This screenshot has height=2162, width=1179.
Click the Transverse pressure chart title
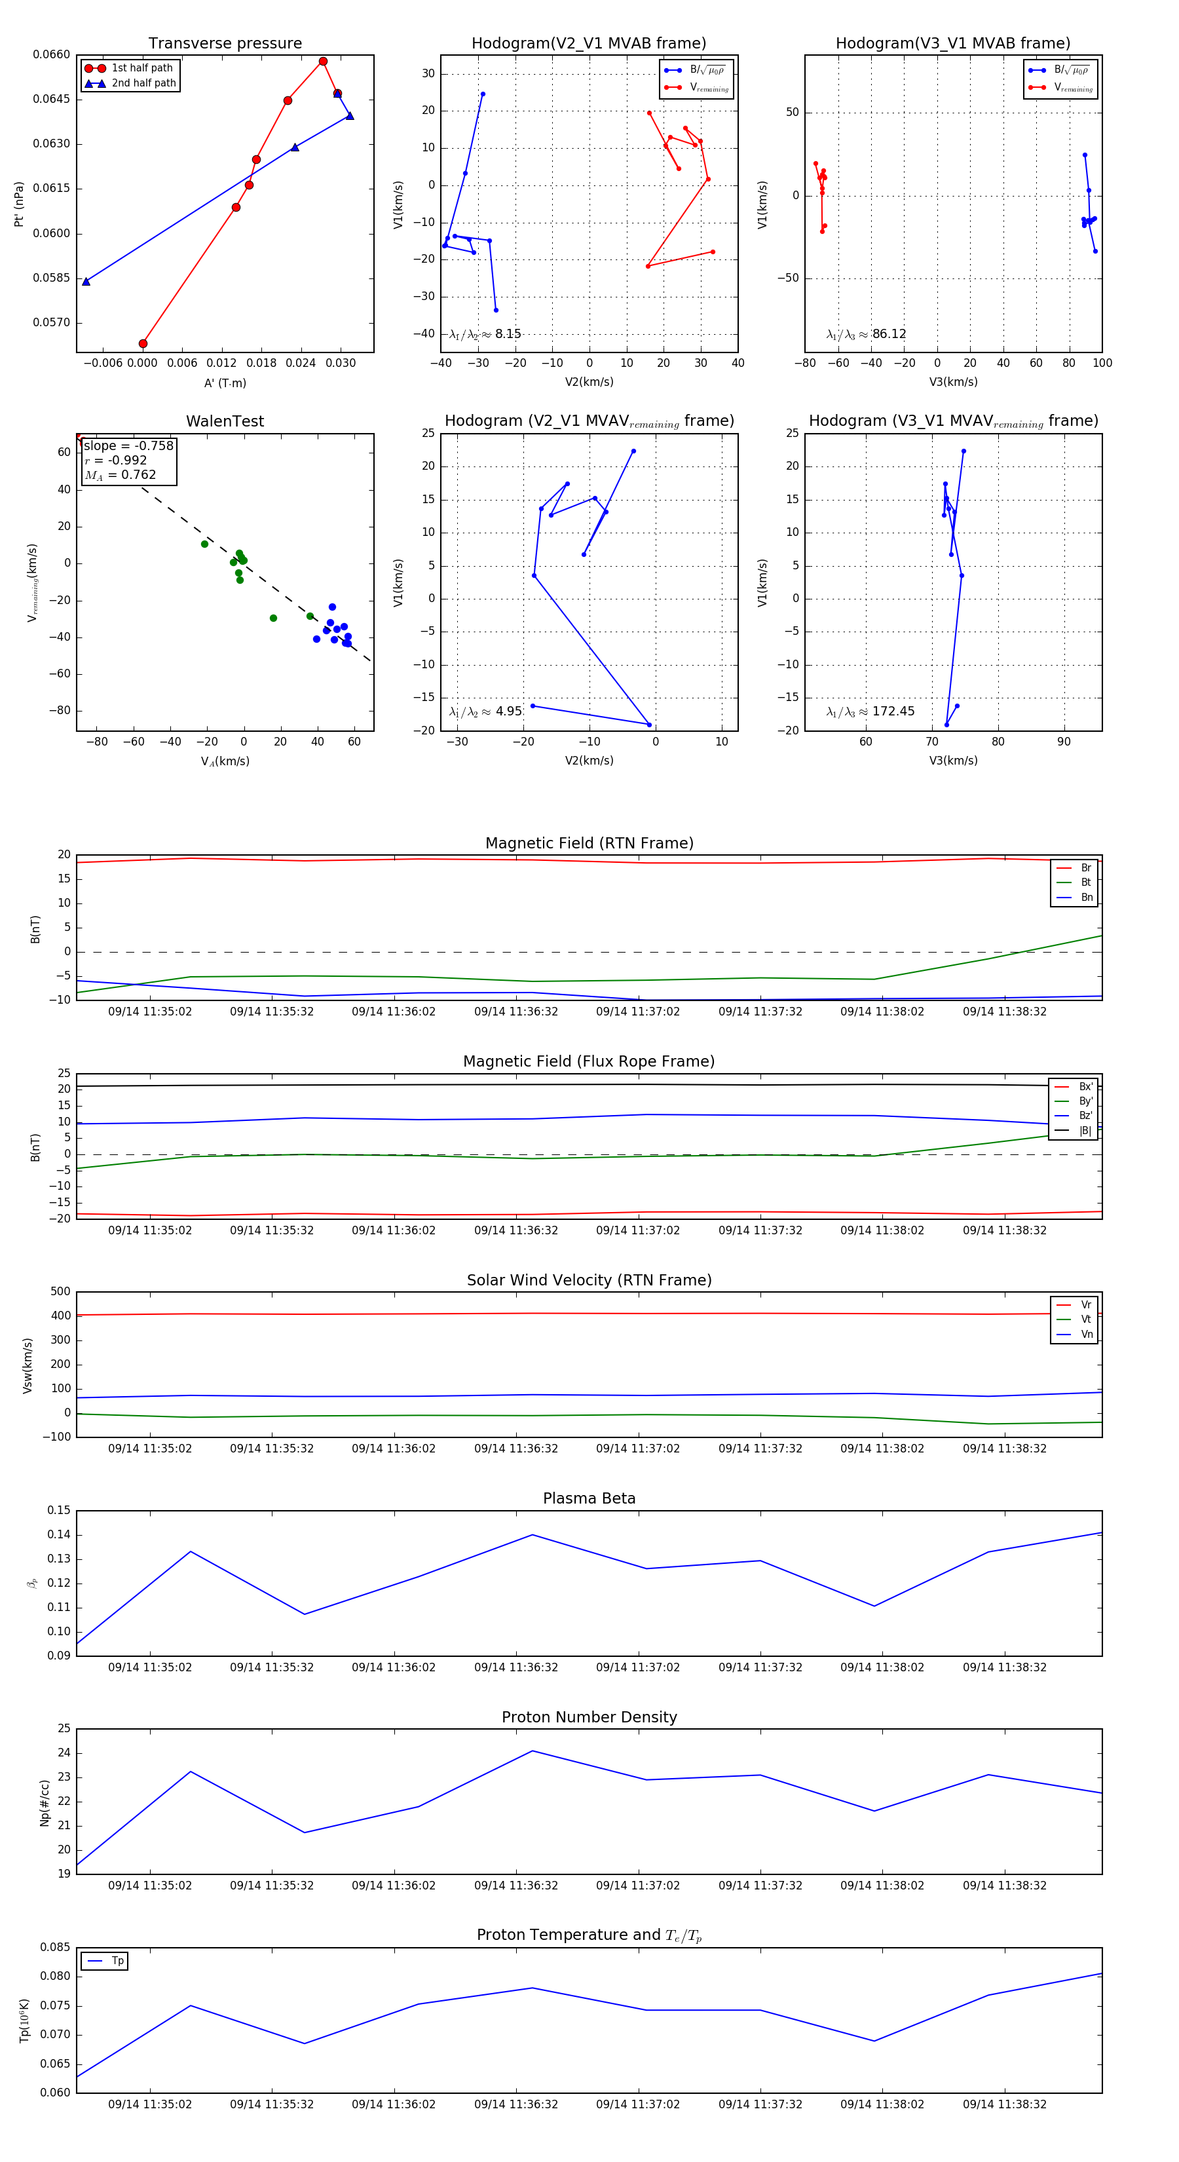pos(225,43)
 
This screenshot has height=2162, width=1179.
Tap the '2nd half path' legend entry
pos(143,83)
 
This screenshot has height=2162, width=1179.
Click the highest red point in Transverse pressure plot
pos(323,62)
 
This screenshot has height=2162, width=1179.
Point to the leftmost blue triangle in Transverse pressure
pos(86,281)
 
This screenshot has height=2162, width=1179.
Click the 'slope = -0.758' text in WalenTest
pos(128,446)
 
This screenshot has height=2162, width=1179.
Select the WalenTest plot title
pos(225,421)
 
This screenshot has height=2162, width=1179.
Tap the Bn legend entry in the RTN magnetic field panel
pos(1086,897)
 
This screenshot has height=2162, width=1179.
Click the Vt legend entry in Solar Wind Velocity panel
pos(1086,1319)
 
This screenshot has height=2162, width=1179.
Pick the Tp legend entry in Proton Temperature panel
pos(117,1961)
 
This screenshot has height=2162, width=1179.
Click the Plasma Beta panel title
pos(589,1498)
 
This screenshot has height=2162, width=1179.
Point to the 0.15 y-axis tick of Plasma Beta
pos(59,1510)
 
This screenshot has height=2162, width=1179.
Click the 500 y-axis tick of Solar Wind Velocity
pos(60,1292)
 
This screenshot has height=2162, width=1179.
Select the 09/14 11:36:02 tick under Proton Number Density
pos(394,1885)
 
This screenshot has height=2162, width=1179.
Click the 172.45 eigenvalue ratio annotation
pos(893,711)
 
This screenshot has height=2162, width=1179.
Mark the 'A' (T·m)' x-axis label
pos(225,383)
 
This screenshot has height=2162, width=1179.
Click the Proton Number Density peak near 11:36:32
pos(532,1751)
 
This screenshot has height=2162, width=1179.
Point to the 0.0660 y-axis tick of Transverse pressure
pos(51,54)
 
